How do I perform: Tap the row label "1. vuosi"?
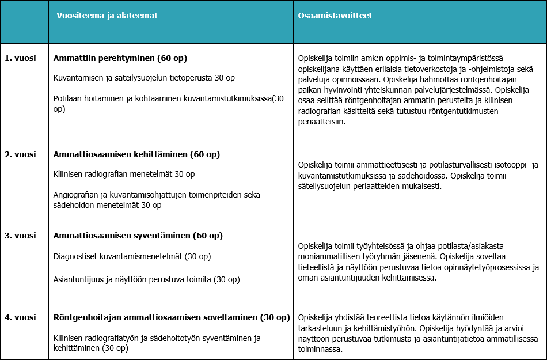pos(21,58)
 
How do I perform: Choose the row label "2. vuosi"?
pos(21,154)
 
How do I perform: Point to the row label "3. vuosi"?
pos(21,236)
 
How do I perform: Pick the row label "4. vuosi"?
pos(21,317)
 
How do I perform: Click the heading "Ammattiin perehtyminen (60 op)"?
pos(120,58)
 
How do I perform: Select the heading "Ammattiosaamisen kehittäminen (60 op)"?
pos(136,154)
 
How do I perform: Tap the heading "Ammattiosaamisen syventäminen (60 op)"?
pos(138,236)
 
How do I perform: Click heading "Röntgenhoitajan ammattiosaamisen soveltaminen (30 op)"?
pos(171,317)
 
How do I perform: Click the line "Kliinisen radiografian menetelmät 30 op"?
pos(124,174)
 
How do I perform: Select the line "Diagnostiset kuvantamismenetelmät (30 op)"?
pos(132,256)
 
